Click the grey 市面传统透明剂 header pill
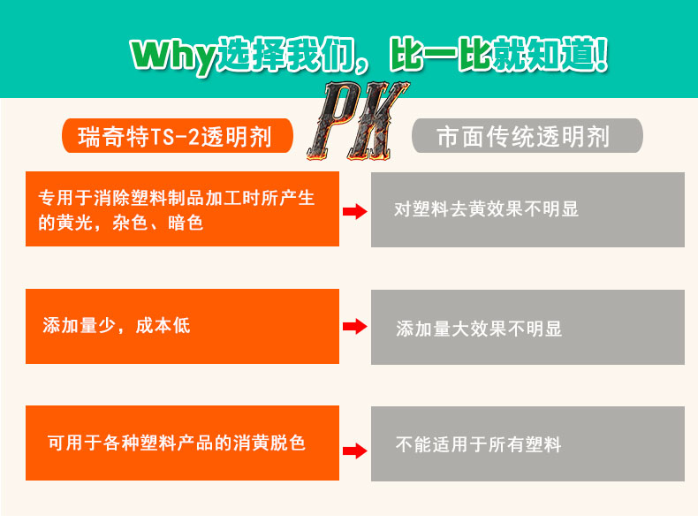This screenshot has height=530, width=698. [527, 136]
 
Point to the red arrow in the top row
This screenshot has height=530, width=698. [354, 211]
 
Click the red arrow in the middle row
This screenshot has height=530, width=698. [354, 327]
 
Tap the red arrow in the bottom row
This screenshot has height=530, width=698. [354, 450]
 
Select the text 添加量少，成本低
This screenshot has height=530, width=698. [116, 326]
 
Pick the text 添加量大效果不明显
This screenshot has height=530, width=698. [479, 329]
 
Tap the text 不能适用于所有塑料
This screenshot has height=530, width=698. [479, 444]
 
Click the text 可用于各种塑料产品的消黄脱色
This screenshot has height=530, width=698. [177, 443]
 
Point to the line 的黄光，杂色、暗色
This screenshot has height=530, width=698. [121, 223]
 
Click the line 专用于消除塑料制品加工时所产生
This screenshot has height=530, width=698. [177, 198]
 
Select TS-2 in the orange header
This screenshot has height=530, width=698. [177, 136]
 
